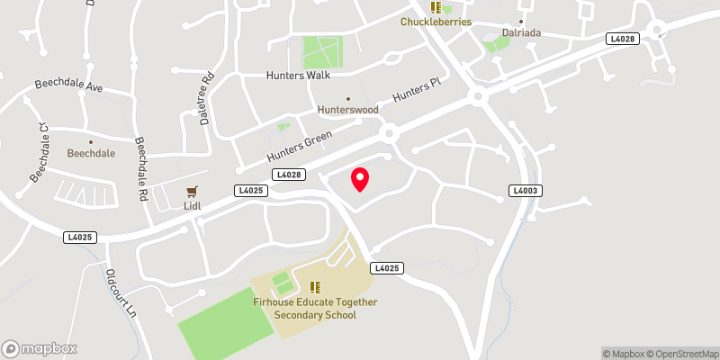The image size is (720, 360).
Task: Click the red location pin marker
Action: (x=360, y=179)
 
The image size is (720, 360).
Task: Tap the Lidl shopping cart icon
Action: (x=191, y=191)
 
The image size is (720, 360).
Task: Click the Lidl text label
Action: (x=191, y=206)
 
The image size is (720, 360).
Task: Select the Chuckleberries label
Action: (x=436, y=22)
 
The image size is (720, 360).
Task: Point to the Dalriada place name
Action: (x=520, y=37)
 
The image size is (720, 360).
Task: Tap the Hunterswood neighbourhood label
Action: (x=347, y=112)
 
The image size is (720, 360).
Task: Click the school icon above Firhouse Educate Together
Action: (x=315, y=287)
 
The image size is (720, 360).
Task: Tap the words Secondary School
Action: (x=315, y=315)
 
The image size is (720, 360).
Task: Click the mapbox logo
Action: (x=40, y=348)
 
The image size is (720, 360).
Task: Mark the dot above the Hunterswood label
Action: (x=347, y=99)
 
